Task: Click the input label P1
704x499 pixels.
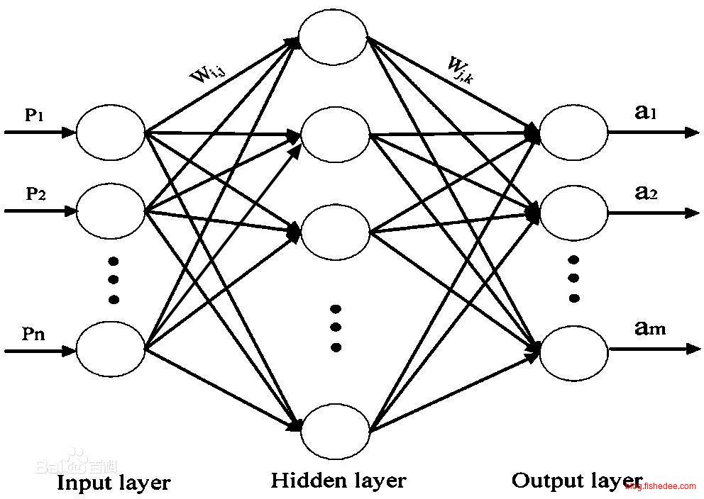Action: coord(35,116)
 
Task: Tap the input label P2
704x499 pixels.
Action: coord(36,194)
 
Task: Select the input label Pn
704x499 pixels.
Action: coord(34,334)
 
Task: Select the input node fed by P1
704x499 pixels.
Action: coord(110,133)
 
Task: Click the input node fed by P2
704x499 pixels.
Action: coord(110,211)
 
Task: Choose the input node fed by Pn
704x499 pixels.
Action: coord(110,349)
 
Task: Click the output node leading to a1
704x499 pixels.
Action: coord(573,133)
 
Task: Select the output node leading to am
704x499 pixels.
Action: coord(573,350)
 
